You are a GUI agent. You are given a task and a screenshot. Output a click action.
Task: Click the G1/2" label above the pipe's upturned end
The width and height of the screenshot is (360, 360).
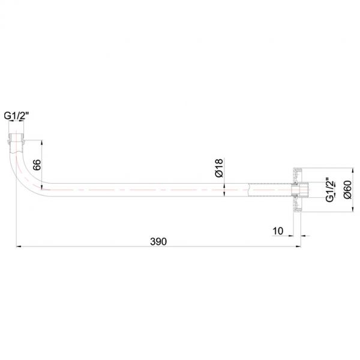[16, 115]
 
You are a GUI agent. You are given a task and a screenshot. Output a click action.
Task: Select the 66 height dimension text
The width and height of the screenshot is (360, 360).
[37, 164]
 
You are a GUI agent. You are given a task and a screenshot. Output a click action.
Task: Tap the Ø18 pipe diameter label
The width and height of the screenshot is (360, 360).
[219, 168]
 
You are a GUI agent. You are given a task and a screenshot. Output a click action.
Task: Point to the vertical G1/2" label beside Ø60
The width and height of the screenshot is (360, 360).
[330, 190]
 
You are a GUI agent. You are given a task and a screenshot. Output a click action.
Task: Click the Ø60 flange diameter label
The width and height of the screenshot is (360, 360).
[347, 190]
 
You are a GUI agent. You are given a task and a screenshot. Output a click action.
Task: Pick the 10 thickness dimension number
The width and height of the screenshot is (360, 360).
[278, 231]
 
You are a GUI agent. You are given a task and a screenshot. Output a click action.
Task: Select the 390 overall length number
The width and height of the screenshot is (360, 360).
[158, 242]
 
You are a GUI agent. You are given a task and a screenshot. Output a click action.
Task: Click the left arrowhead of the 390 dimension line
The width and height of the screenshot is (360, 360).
[19, 247]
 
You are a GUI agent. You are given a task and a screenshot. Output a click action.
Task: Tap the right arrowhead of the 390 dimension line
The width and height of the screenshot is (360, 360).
[298, 247]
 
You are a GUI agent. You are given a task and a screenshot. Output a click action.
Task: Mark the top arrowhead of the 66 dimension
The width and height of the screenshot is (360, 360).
[41, 143]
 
